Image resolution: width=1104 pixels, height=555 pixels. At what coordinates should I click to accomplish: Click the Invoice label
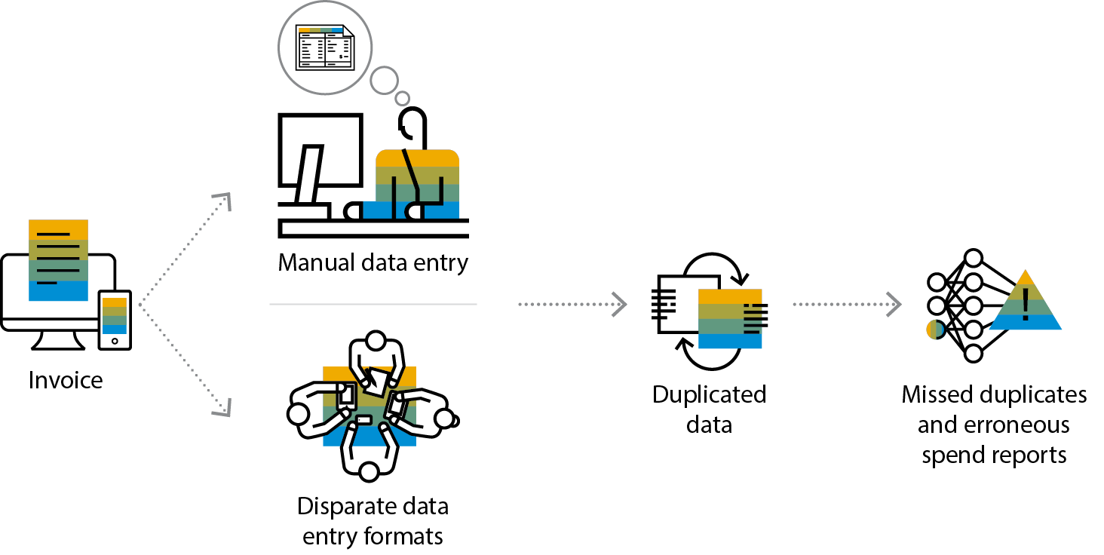coord(66,380)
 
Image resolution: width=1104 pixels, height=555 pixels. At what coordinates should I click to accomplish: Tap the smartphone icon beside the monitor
coord(115,320)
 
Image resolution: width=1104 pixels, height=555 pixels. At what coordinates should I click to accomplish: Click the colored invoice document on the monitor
coord(58,260)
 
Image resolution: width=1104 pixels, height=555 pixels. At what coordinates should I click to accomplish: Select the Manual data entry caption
coord(373,263)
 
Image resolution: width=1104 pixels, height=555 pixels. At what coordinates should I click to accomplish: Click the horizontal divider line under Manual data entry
coord(373,305)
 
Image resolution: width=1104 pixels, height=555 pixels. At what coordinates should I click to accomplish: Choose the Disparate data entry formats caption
coord(373,520)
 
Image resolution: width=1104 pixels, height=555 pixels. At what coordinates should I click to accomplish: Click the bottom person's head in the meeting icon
coord(369,473)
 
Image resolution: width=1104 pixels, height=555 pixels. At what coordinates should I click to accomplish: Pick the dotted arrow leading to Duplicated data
coord(572,305)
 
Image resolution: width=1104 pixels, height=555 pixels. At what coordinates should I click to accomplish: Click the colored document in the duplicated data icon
coord(730,318)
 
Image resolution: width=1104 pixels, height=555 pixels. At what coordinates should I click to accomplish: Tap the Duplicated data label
coord(709,409)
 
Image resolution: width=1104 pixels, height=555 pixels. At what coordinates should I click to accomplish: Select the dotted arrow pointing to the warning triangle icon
coord(846,305)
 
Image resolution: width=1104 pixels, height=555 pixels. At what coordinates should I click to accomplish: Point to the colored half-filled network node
coord(935,330)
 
